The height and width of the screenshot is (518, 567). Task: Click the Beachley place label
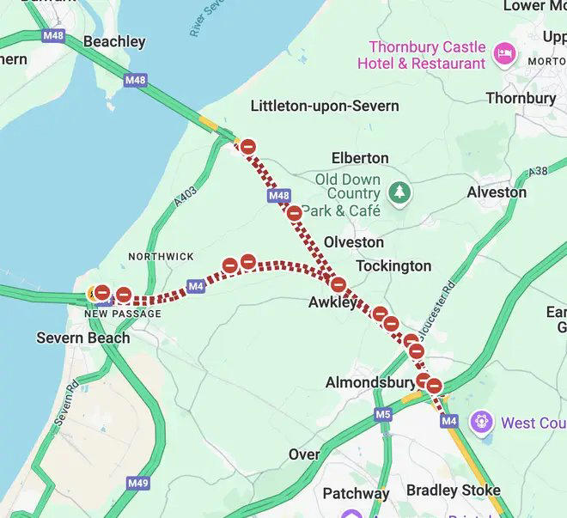(114, 41)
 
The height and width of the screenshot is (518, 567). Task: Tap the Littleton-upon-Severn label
(324, 106)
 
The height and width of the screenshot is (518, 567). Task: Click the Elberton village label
(360, 158)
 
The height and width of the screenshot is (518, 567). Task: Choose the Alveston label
(497, 192)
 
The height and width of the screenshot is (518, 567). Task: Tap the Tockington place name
(393, 265)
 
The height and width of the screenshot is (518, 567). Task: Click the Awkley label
(332, 302)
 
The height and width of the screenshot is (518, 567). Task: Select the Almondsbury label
(370, 382)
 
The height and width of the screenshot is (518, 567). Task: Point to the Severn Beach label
(83, 338)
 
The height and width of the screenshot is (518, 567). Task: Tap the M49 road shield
(137, 484)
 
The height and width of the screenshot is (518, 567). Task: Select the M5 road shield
(383, 415)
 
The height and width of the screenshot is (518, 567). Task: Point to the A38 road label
(538, 172)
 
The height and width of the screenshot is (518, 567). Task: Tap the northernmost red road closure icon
(247, 147)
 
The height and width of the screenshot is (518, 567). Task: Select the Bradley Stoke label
(453, 490)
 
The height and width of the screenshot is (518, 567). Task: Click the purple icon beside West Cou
(482, 423)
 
